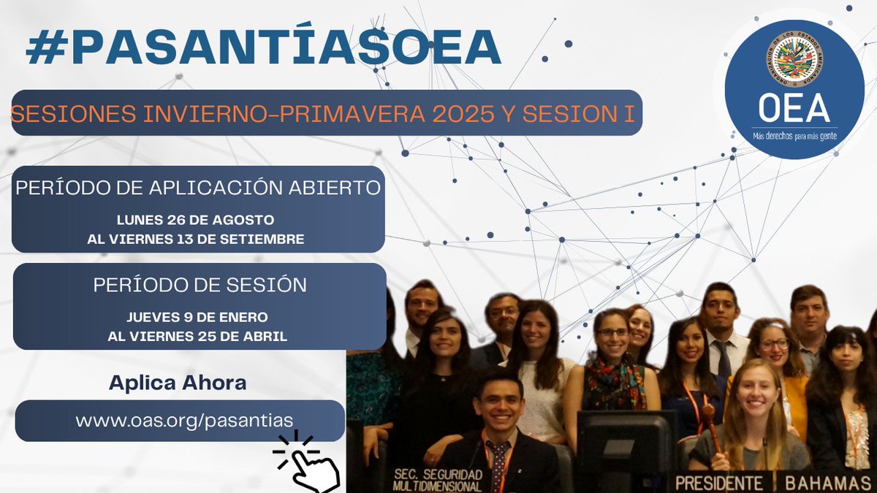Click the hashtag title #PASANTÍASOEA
pyautogui.click(x=263, y=48)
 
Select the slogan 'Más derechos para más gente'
pyautogui.click(x=794, y=137)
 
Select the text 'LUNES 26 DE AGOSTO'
pyautogui.click(x=196, y=220)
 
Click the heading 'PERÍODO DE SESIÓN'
pyautogui.click(x=200, y=285)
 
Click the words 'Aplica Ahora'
pyautogui.click(x=178, y=382)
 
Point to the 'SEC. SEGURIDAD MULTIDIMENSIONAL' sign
pyautogui.click(x=437, y=479)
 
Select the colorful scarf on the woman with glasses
pyautogui.click(x=612, y=380)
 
